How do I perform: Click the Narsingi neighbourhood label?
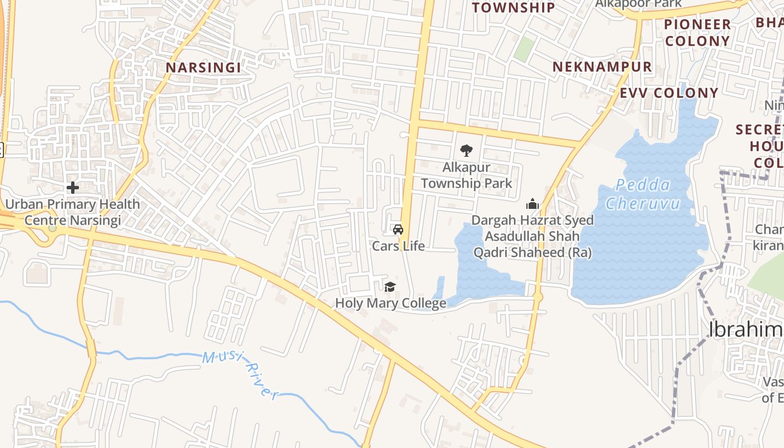click(x=203, y=68)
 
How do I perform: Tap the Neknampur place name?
click(x=602, y=67)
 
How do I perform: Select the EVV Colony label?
click(x=669, y=93)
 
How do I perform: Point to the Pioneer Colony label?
click(x=698, y=32)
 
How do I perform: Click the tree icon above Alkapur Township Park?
click(x=466, y=150)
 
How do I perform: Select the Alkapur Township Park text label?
click(x=466, y=175)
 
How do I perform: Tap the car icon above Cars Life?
click(x=398, y=229)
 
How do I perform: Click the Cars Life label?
click(x=398, y=246)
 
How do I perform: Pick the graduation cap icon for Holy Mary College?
click(x=390, y=287)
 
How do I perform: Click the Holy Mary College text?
click(x=390, y=304)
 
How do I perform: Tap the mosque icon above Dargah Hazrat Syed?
click(x=532, y=204)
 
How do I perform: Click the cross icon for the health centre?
click(x=72, y=188)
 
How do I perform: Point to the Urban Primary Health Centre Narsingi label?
click(x=72, y=212)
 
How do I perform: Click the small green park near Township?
click(x=524, y=49)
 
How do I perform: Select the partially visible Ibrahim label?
click(x=745, y=330)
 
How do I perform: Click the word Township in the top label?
click(x=513, y=7)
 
